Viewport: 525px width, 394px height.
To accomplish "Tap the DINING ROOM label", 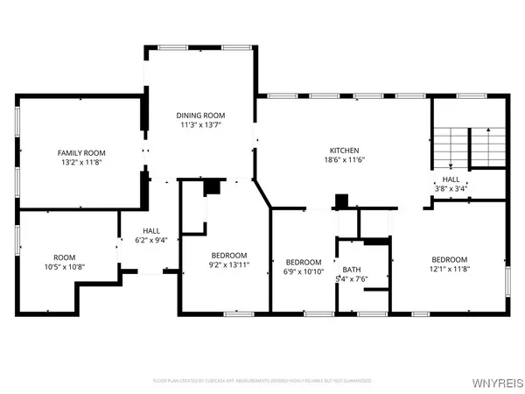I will [x=201, y=115].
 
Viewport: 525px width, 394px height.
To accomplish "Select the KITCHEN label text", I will [x=344, y=151].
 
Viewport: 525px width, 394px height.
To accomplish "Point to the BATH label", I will [x=352, y=270].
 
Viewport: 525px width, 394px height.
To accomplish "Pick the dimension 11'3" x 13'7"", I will [x=201, y=124].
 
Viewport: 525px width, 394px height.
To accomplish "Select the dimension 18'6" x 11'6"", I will [x=344, y=160].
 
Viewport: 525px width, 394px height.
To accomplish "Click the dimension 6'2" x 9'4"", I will [x=145, y=241].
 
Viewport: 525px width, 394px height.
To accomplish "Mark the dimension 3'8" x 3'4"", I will [x=451, y=188].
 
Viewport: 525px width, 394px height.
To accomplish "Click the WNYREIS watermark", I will [x=497, y=381].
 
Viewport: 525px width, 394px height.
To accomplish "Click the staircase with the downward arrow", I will [x=450, y=148].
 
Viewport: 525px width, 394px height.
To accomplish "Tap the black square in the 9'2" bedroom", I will [x=212, y=186].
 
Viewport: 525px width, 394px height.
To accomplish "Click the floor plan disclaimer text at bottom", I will [x=262, y=381].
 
